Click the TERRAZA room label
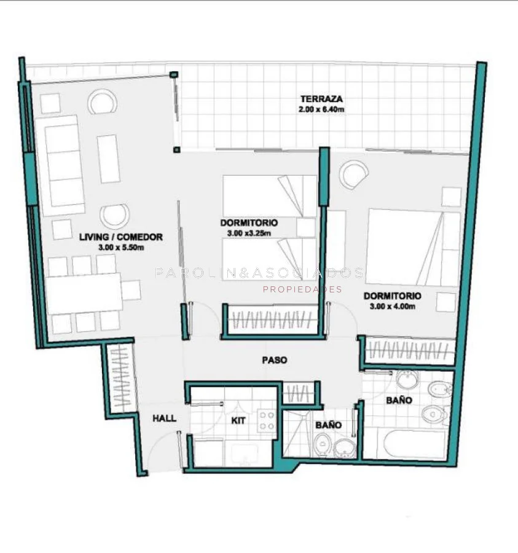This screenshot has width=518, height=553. point(321,99)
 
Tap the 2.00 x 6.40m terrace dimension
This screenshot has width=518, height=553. point(321,109)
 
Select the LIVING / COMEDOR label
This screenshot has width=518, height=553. point(121,237)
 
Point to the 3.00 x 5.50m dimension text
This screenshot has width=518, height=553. point(121,248)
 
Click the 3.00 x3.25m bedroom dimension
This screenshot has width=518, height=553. point(249,233)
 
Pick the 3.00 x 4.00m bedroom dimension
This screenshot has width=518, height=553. point(393,307)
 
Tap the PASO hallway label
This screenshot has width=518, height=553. point(275,360)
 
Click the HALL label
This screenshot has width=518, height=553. point(164,418)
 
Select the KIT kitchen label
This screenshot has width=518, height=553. point(238,421)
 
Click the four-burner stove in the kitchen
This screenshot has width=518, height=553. point(267,420)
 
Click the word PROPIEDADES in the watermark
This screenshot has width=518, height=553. point(302,289)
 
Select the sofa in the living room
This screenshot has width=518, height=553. point(61,165)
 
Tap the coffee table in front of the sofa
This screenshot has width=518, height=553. point(108,159)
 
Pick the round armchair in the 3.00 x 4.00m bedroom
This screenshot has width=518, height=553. point(354,174)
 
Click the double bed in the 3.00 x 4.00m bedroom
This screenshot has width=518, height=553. point(413,247)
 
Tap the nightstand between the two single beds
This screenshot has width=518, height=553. point(306,227)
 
